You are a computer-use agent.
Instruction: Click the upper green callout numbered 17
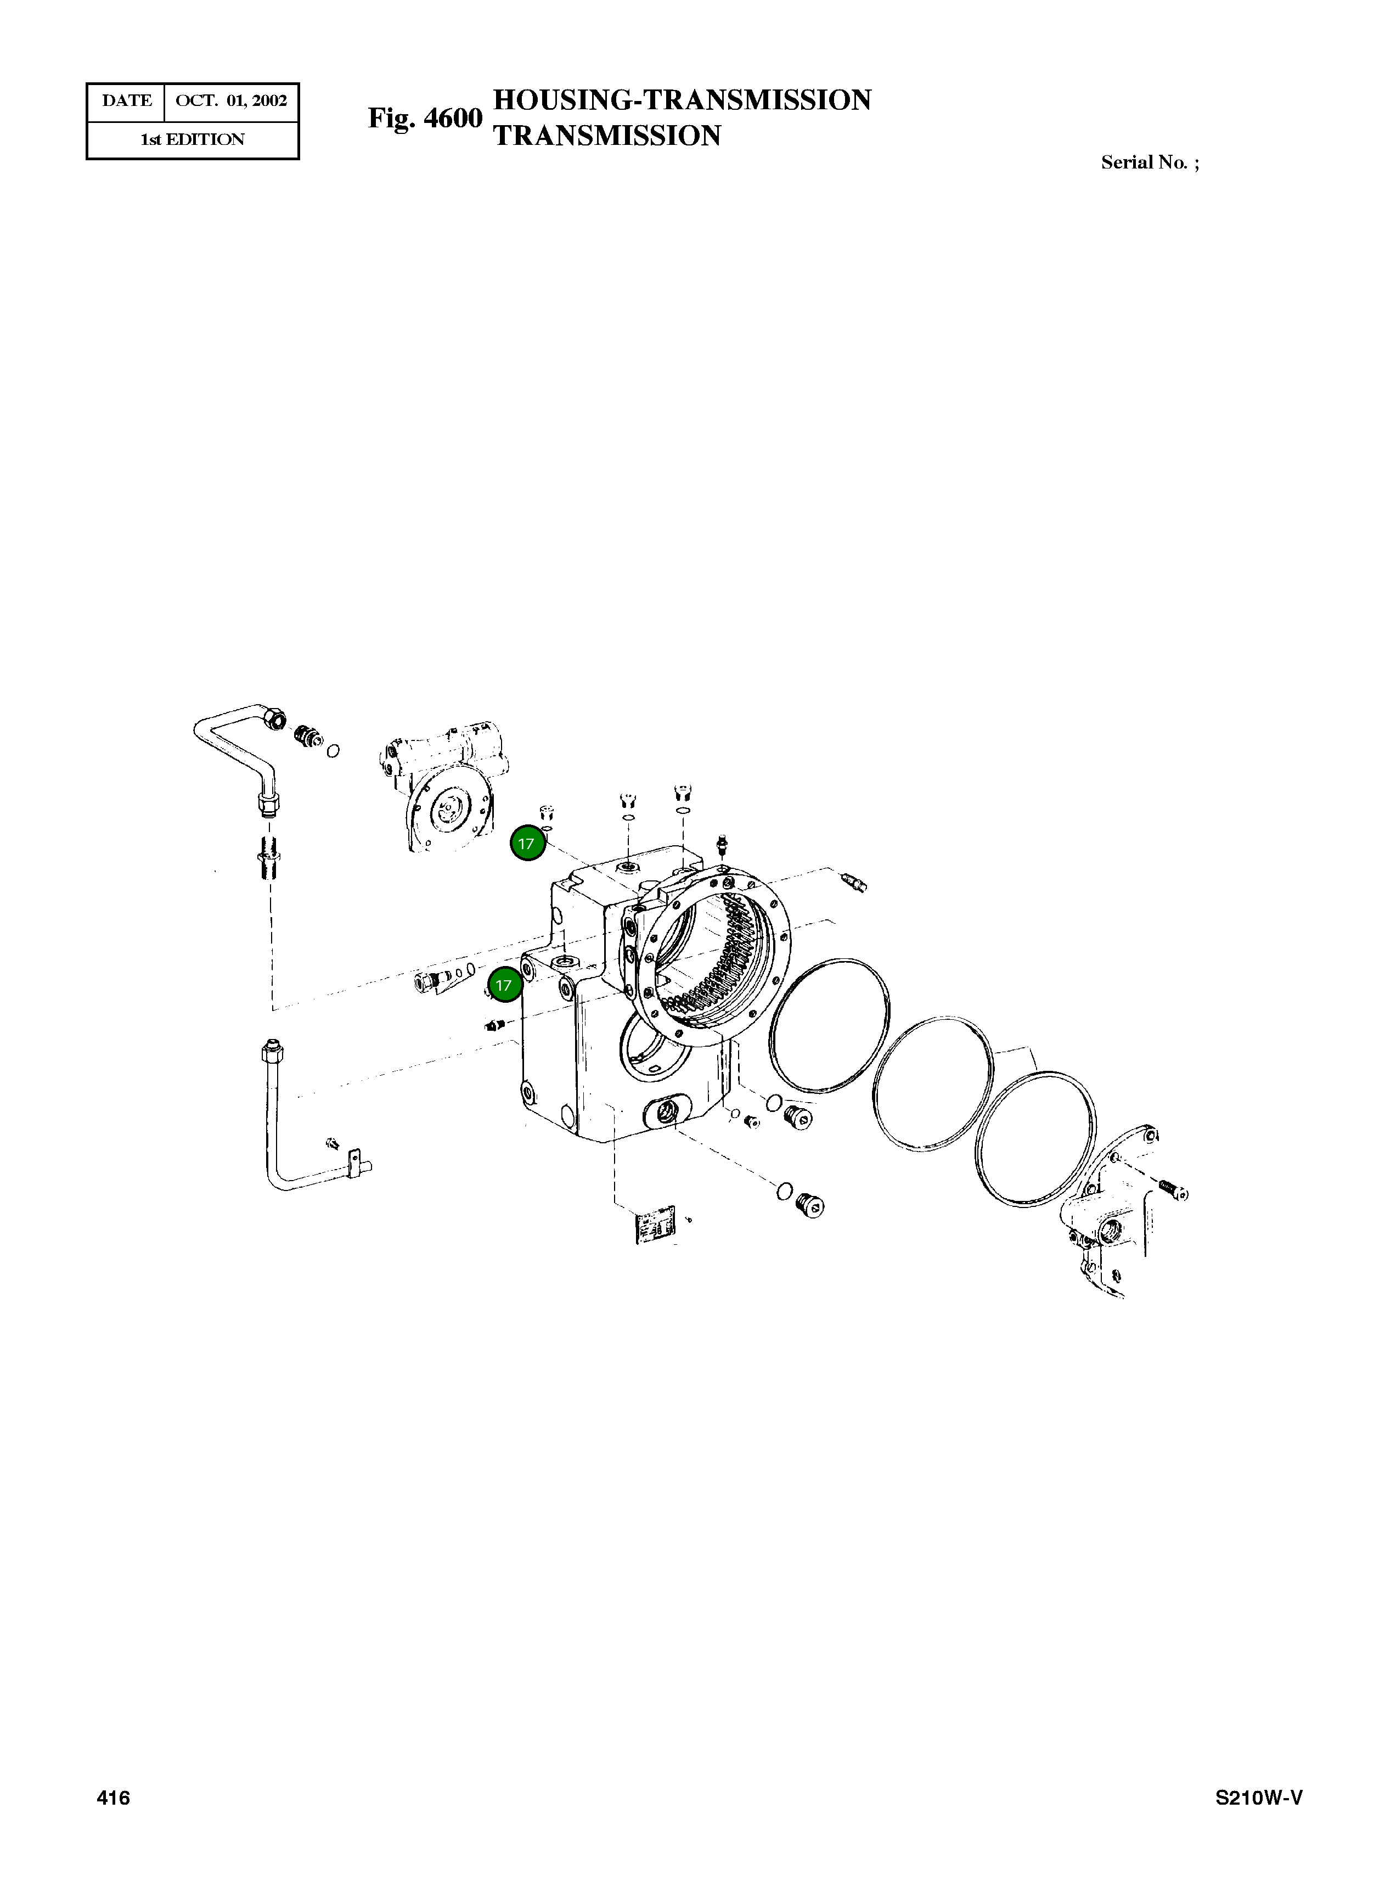[527, 844]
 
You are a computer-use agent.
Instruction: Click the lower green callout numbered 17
[504, 985]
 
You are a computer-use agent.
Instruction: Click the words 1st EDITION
[193, 140]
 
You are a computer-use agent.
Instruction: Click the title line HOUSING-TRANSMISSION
[682, 100]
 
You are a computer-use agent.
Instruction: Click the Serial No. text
[1150, 162]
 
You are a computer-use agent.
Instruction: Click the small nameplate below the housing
[656, 1227]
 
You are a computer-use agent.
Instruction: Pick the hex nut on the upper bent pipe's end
[274, 717]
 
